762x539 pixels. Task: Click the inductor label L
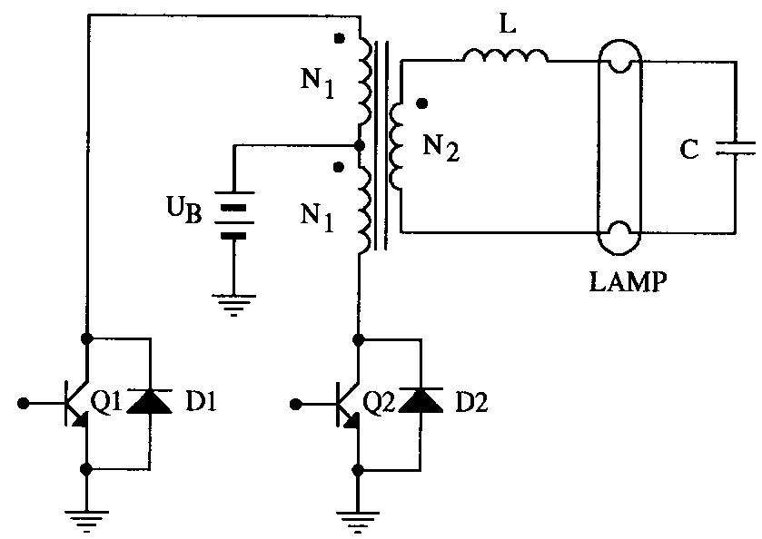(x=507, y=25)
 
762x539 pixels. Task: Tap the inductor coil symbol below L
(x=505, y=56)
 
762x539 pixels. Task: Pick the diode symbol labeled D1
(x=149, y=401)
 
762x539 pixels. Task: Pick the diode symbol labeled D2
(x=421, y=401)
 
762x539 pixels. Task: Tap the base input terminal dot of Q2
(x=296, y=400)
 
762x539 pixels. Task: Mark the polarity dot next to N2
(x=421, y=103)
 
